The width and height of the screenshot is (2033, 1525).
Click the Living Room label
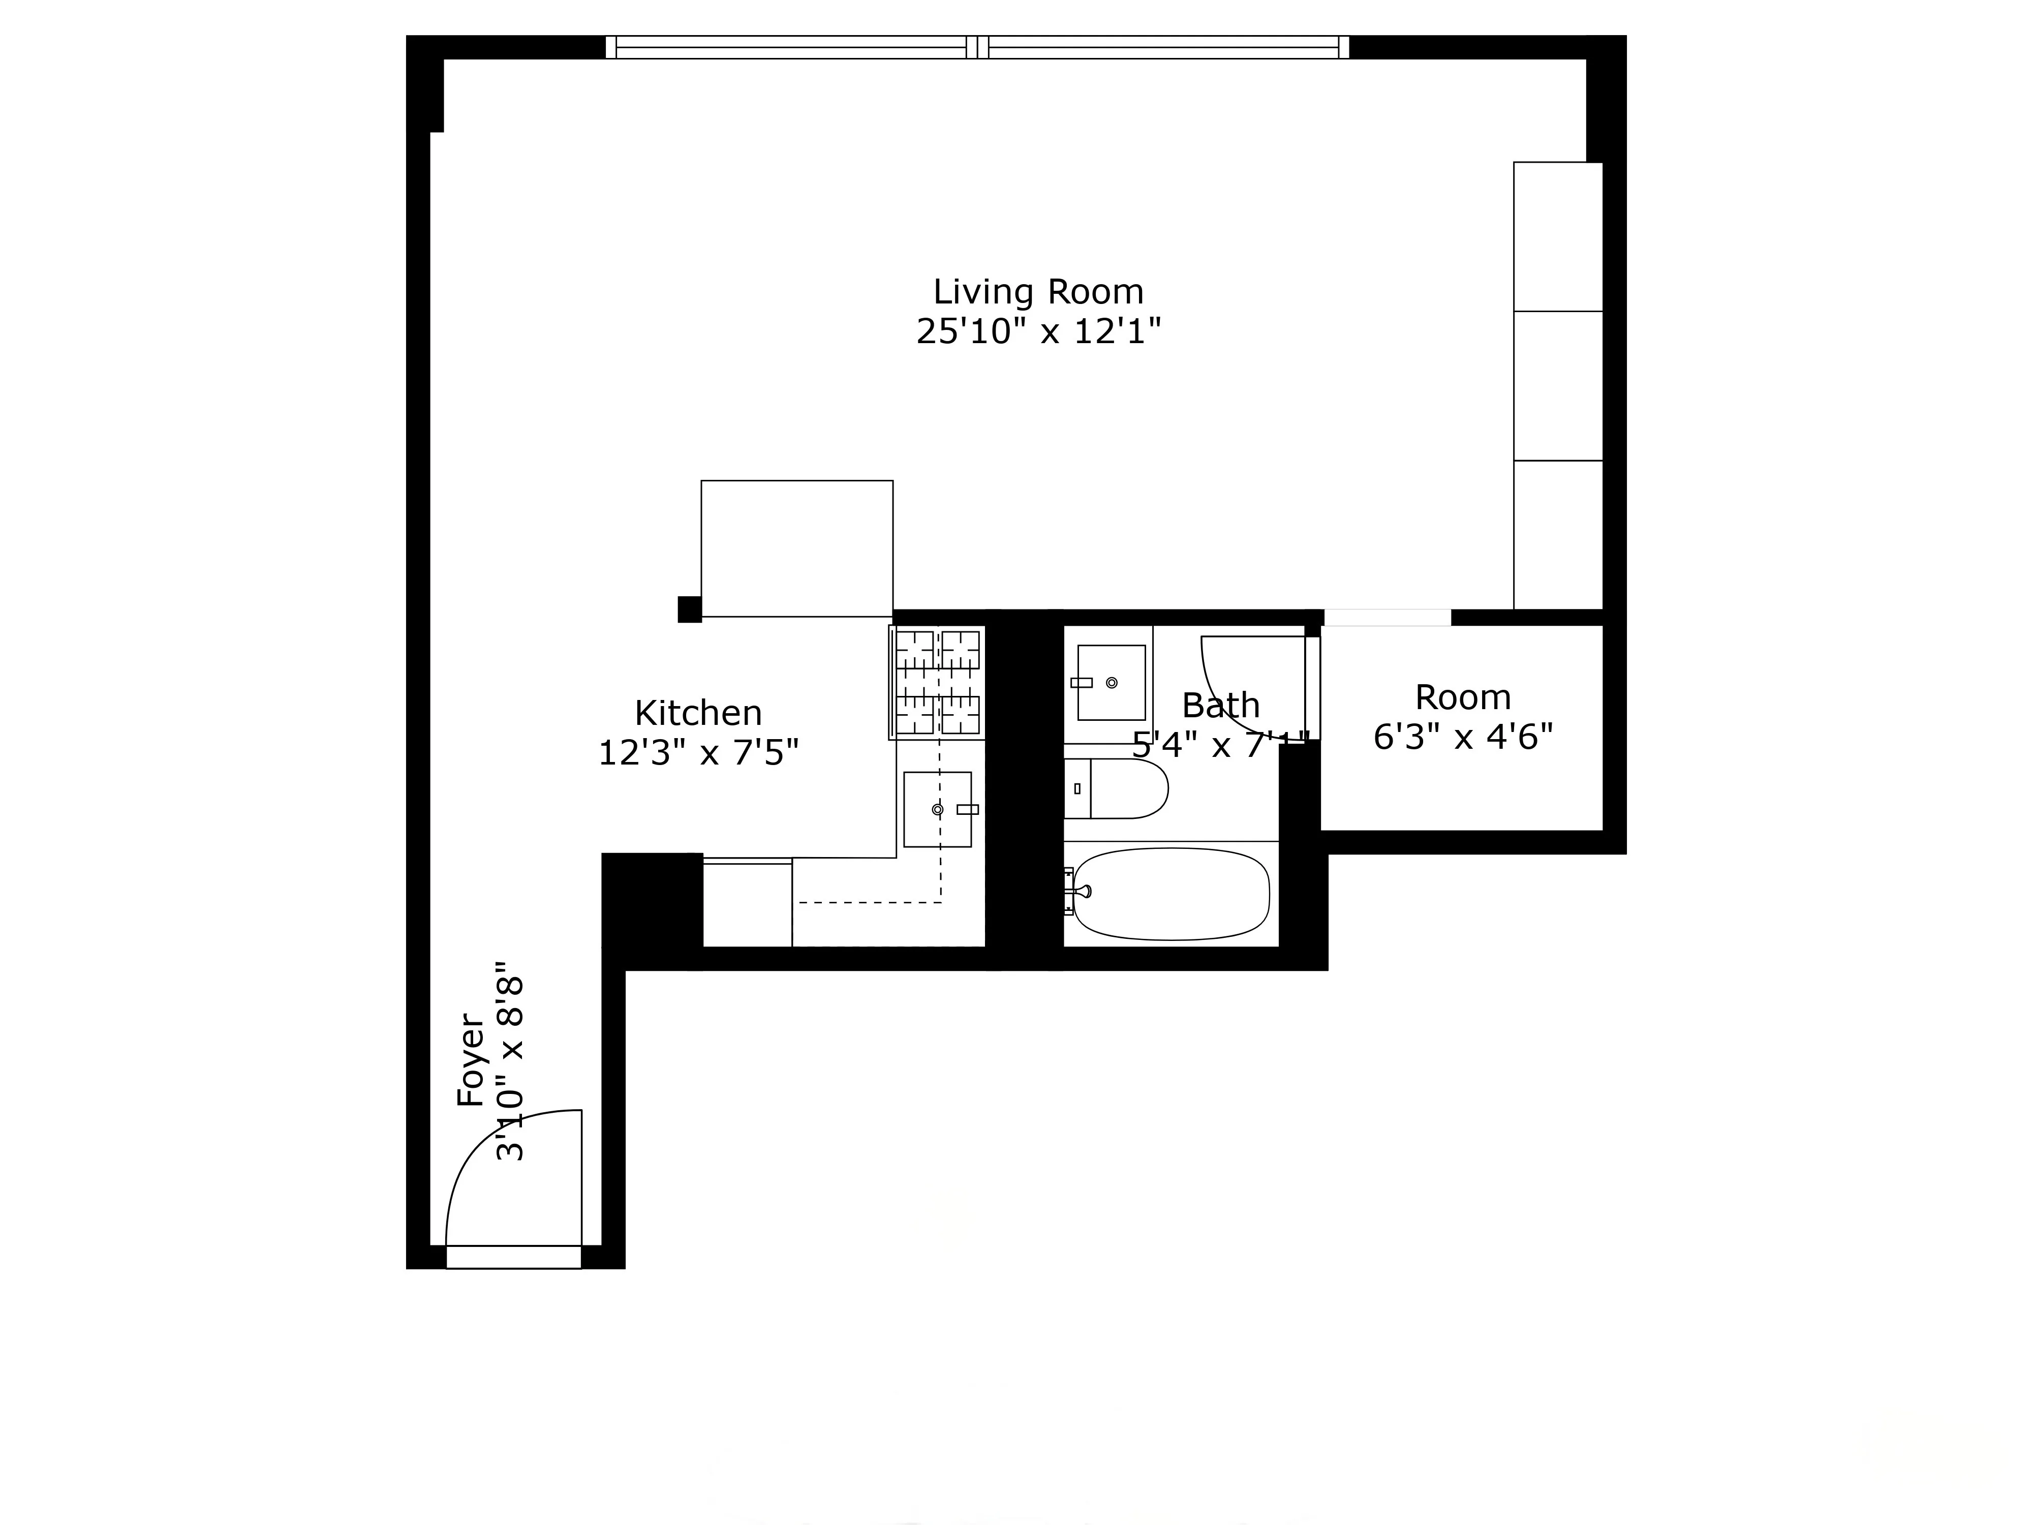pos(1038,292)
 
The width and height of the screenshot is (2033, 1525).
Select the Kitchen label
pos(698,713)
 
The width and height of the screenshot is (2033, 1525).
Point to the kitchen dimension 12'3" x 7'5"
pos(698,754)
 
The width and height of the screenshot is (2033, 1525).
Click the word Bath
pos(1220,706)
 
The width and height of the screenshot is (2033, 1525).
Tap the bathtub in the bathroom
pos(1172,894)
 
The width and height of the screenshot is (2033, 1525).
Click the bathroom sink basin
pos(1111,682)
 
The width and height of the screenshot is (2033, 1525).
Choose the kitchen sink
pos(937,809)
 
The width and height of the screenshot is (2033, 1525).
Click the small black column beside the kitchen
pos(689,609)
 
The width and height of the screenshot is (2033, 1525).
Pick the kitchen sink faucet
pos(967,809)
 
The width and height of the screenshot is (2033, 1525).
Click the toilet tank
pos(1077,789)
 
